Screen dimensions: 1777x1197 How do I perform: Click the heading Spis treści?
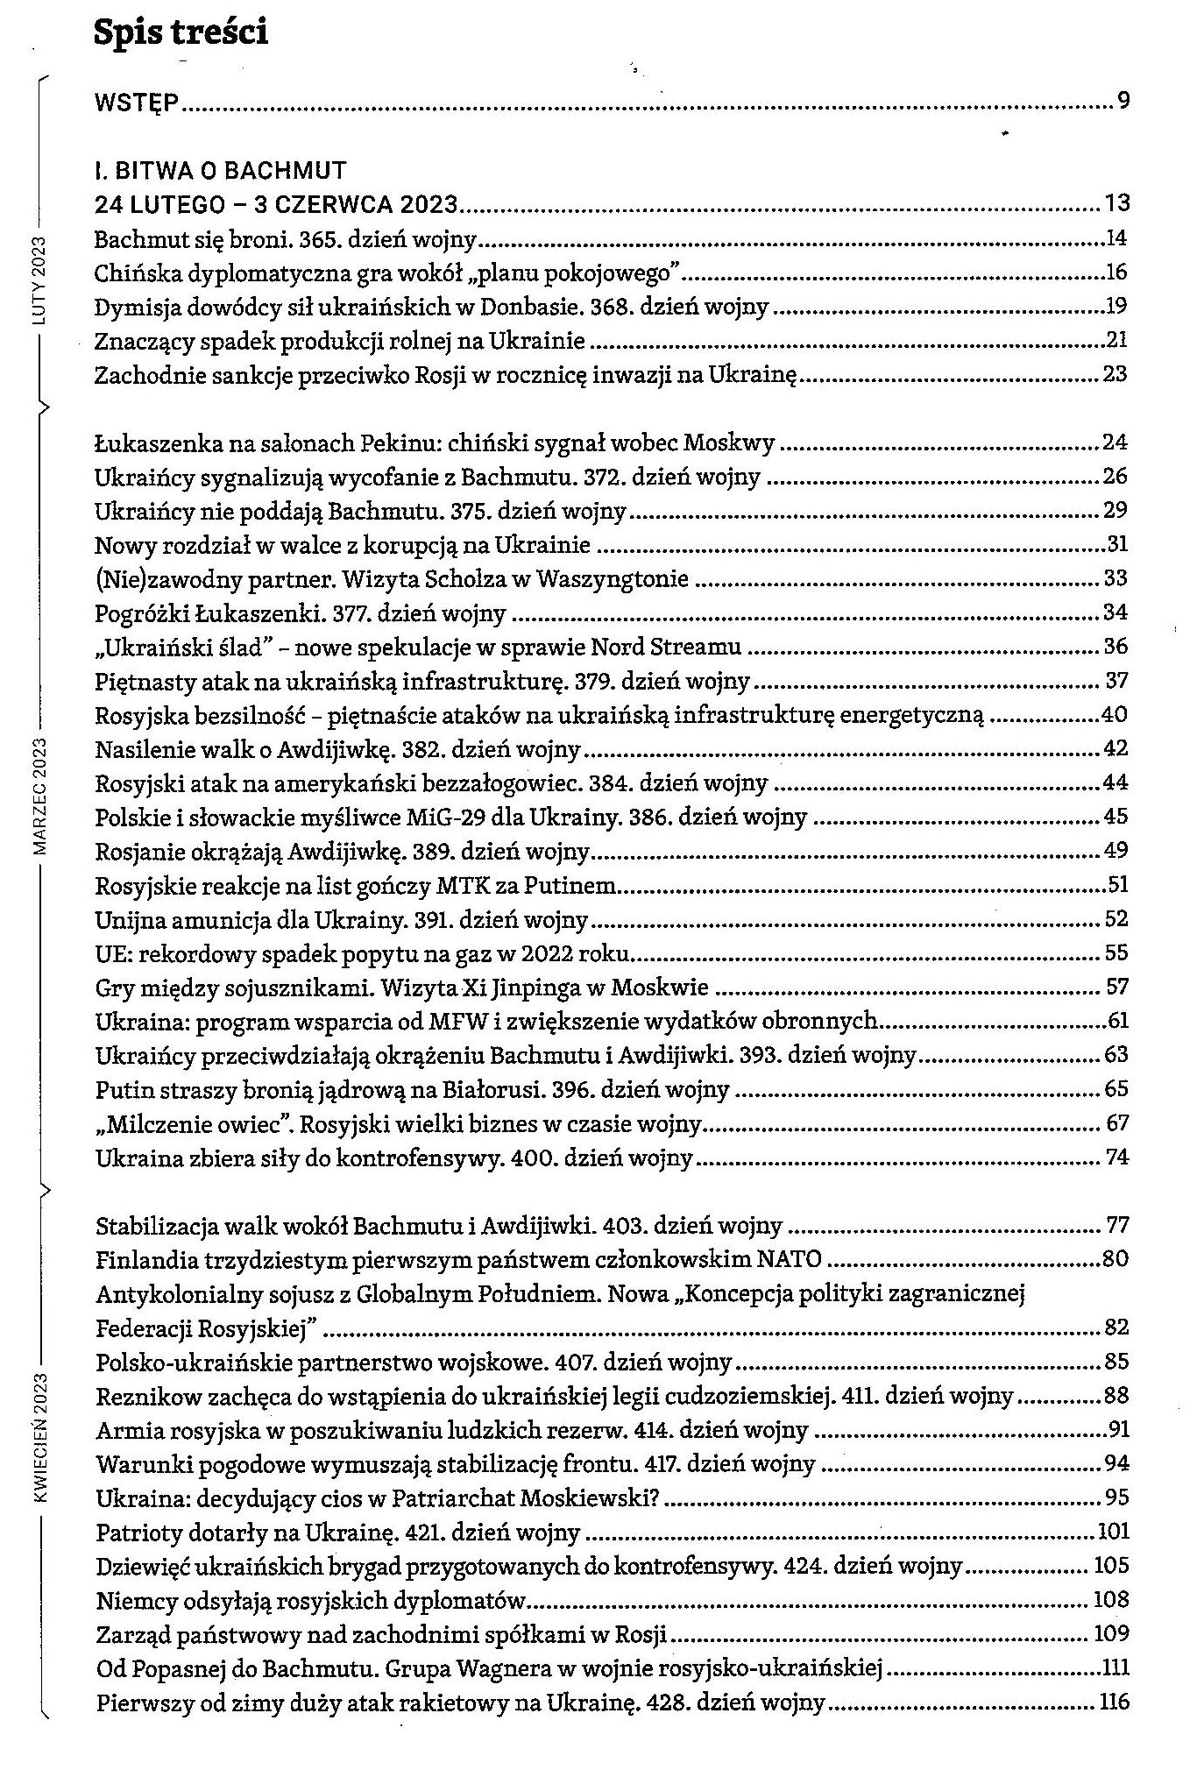181,33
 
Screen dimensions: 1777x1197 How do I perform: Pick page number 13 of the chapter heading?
1117,204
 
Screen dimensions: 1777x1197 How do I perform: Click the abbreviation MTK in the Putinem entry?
457,885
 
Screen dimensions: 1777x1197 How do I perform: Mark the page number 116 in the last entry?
1114,1703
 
